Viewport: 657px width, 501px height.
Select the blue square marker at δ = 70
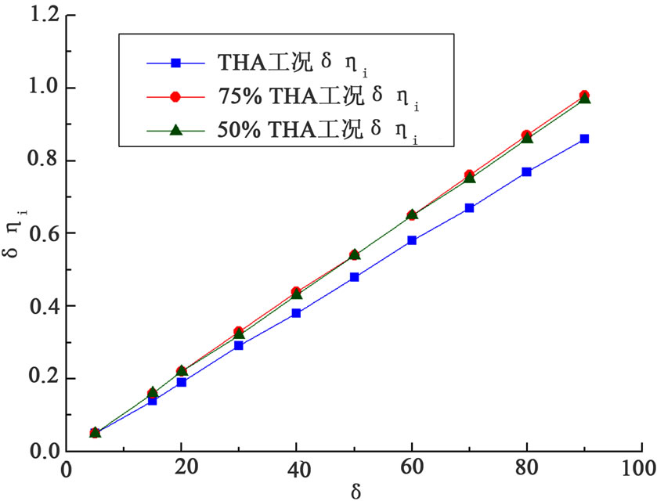click(x=469, y=207)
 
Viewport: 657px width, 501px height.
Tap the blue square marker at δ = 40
click(x=296, y=313)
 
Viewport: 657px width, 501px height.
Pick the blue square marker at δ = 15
click(x=152, y=400)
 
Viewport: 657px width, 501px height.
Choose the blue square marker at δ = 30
click(x=238, y=345)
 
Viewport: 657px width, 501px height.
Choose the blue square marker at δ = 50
click(x=354, y=277)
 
